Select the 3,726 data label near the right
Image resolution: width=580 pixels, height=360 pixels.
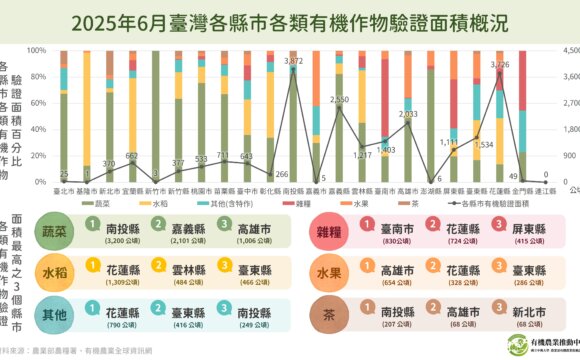pyautogui.click(x=500, y=65)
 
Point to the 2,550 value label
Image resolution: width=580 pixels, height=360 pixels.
pyautogui.click(x=339, y=100)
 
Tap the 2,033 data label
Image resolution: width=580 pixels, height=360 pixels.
pyautogui.click(x=408, y=114)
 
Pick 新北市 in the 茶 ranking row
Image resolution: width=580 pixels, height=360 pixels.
pyautogui.click(x=520, y=310)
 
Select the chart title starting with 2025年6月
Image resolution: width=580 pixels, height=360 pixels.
pyautogui.click(x=290, y=22)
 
